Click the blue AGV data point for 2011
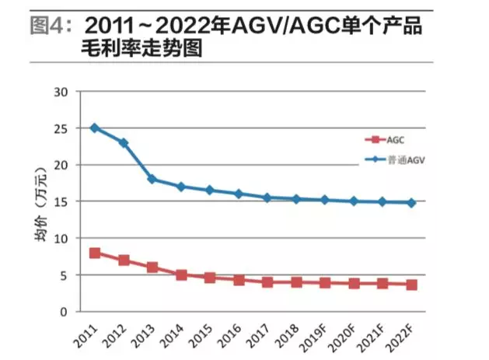click(95, 128)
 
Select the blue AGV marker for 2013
click(152, 179)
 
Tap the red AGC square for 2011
click(95, 253)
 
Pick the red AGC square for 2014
click(181, 274)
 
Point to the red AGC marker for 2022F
click(411, 285)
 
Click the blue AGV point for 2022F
click(411, 203)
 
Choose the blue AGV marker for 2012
click(124, 143)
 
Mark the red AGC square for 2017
click(267, 282)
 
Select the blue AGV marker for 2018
click(296, 199)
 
